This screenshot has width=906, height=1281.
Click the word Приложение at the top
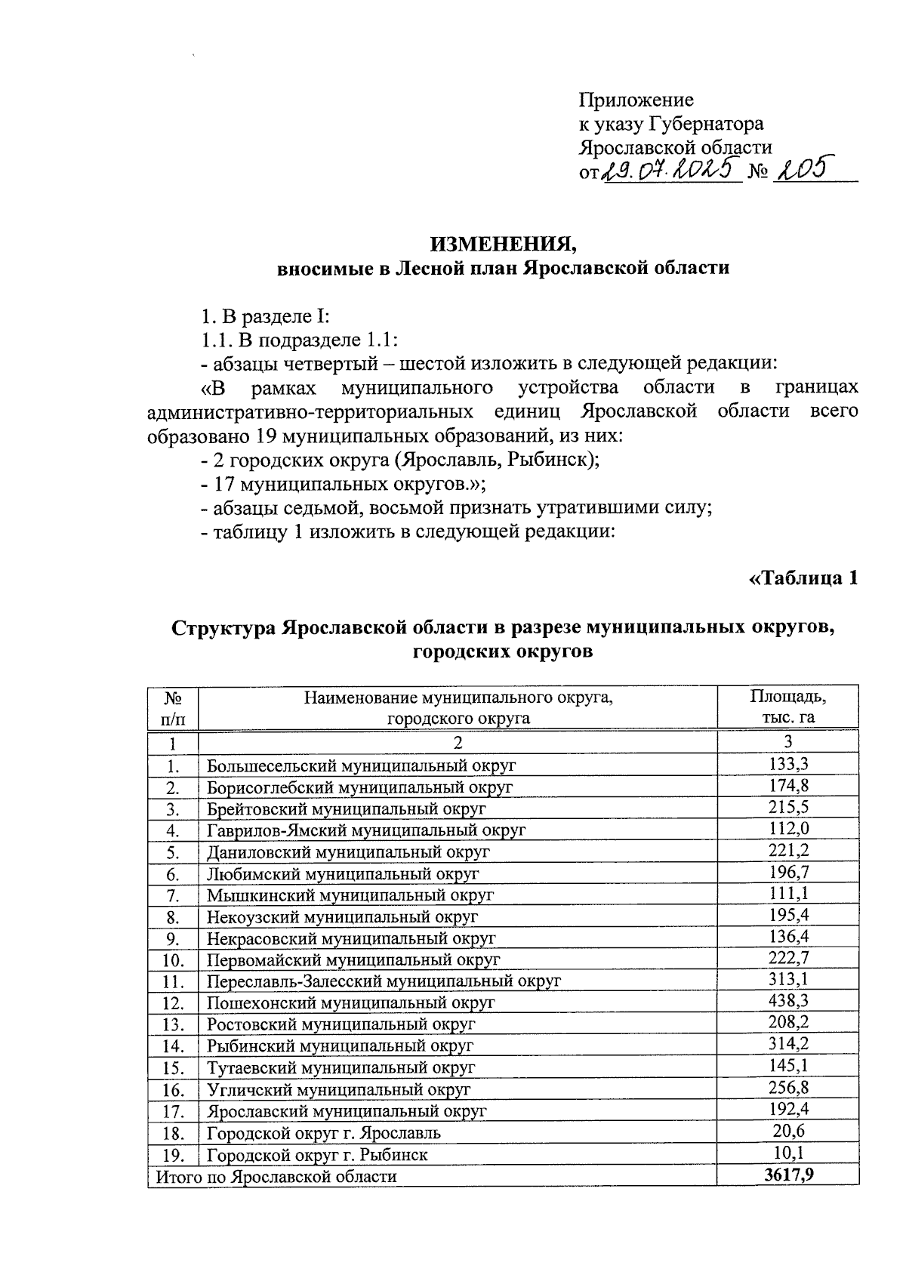click(636, 100)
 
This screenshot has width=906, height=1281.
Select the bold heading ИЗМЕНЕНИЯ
click(504, 244)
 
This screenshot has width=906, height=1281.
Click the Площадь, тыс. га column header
click(787, 706)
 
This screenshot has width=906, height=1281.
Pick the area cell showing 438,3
click(787, 1001)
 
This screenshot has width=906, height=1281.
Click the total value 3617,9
click(787, 1175)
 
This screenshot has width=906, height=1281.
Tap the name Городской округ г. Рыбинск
click(317, 1155)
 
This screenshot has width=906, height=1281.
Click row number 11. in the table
click(173, 981)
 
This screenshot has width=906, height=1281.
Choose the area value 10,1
click(787, 1153)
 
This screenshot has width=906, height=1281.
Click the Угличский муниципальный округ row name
click(338, 1090)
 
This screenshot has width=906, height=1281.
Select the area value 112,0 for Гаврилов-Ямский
click(787, 828)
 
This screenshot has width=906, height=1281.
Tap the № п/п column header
click(173, 707)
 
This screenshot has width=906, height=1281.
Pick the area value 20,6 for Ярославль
click(787, 1131)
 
